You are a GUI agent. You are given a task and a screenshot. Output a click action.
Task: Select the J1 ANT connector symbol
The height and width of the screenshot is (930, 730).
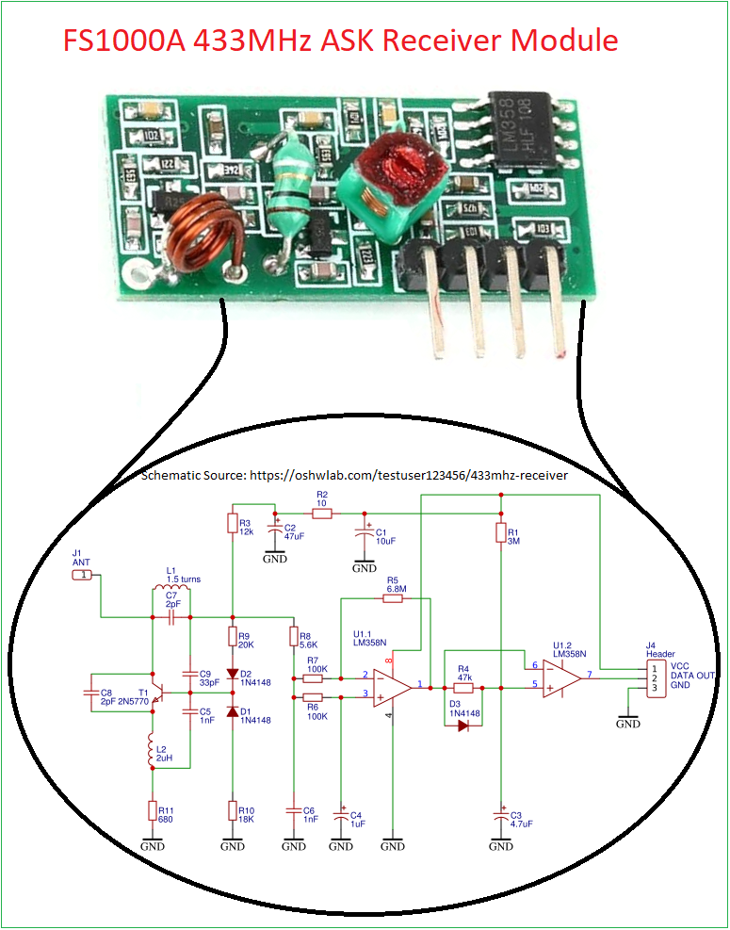pos(84,573)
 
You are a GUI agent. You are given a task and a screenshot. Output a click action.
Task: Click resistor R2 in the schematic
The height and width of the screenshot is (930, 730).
pos(321,514)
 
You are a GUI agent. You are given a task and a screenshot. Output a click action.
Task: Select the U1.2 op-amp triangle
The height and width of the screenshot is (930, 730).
pos(560,675)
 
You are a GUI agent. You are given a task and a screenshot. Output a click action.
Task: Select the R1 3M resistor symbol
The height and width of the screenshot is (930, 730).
pos(500,533)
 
